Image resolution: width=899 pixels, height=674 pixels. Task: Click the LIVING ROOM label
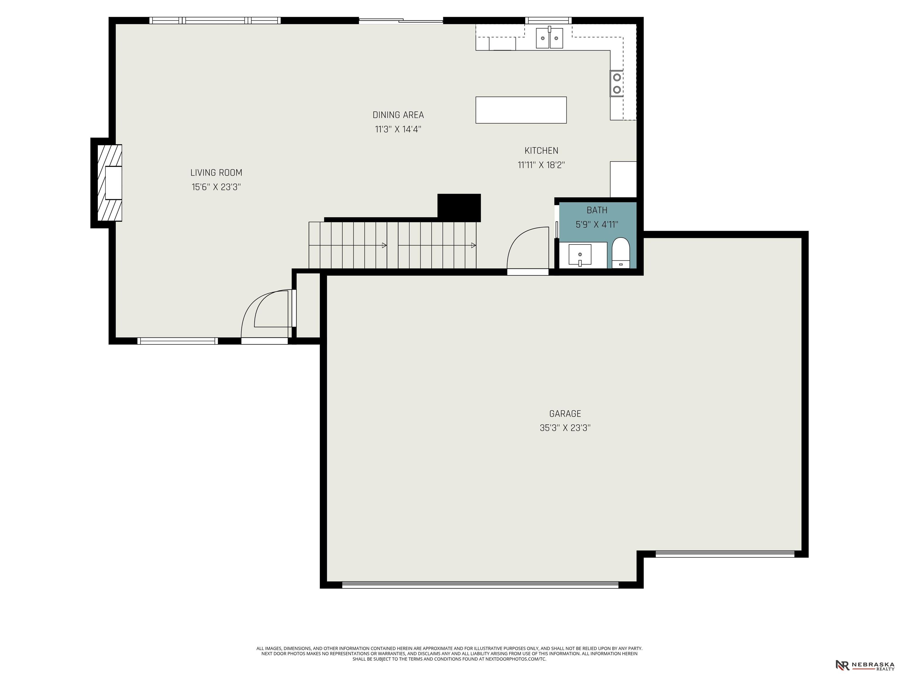click(216, 173)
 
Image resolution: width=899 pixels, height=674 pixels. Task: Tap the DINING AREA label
click(398, 115)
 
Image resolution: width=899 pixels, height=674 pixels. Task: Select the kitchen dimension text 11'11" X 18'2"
click(541, 165)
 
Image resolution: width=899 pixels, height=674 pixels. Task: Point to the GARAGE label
click(565, 414)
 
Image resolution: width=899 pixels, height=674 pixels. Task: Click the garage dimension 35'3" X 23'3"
click(565, 428)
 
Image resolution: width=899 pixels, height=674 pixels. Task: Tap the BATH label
click(597, 210)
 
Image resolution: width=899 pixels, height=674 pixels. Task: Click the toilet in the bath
click(621, 253)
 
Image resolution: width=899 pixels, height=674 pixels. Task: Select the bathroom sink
click(580, 255)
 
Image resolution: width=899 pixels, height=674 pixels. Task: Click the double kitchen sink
click(550, 38)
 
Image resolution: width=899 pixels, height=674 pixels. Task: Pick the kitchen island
click(521, 110)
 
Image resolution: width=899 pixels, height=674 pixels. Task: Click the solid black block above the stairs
click(459, 208)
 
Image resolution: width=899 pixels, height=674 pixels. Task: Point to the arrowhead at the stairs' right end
click(473, 245)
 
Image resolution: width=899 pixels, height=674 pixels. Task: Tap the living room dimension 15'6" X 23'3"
click(216, 187)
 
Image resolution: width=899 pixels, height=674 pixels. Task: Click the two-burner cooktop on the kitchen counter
click(617, 83)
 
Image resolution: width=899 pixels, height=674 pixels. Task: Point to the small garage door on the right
click(725, 553)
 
